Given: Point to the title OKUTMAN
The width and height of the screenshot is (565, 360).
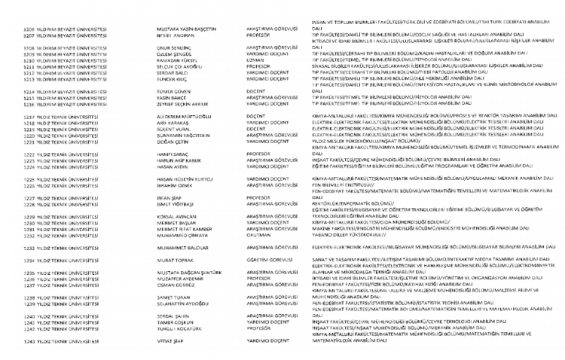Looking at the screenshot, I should click(x=258, y=234).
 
